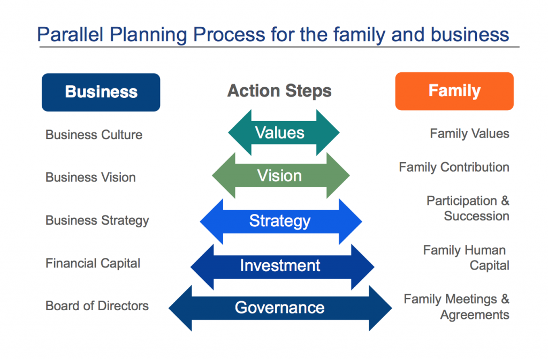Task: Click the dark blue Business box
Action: [x=101, y=92]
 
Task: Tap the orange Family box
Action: [x=454, y=91]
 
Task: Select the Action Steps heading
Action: [x=279, y=91]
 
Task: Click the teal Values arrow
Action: [x=284, y=133]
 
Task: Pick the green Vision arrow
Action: [x=280, y=175]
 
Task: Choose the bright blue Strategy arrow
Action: [x=280, y=221]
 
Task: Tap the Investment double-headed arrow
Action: [x=283, y=267]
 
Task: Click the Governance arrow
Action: [x=280, y=308]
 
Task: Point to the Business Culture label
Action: [x=94, y=135]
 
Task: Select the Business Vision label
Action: [x=90, y=178]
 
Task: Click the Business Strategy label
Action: [x=97, y=221]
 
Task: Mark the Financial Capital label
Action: [x=93, y=263]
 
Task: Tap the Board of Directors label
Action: [x=97, y=306]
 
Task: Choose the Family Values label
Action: [x=469, y=133]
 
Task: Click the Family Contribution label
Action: [x=454, y=167]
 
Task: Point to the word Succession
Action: [x=476, y=216]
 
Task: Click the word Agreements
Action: [x=475, y=315]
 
